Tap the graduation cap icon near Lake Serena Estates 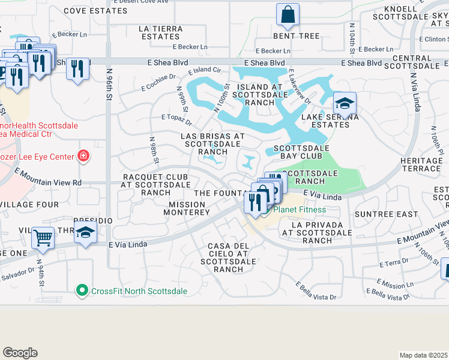coord(345,103)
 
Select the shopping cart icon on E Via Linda coord(43,237)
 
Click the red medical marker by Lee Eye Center coord(83,157)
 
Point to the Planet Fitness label coord(300,209)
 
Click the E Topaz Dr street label coord(176,120)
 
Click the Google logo coord(20,353)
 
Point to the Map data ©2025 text coord(423,355)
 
